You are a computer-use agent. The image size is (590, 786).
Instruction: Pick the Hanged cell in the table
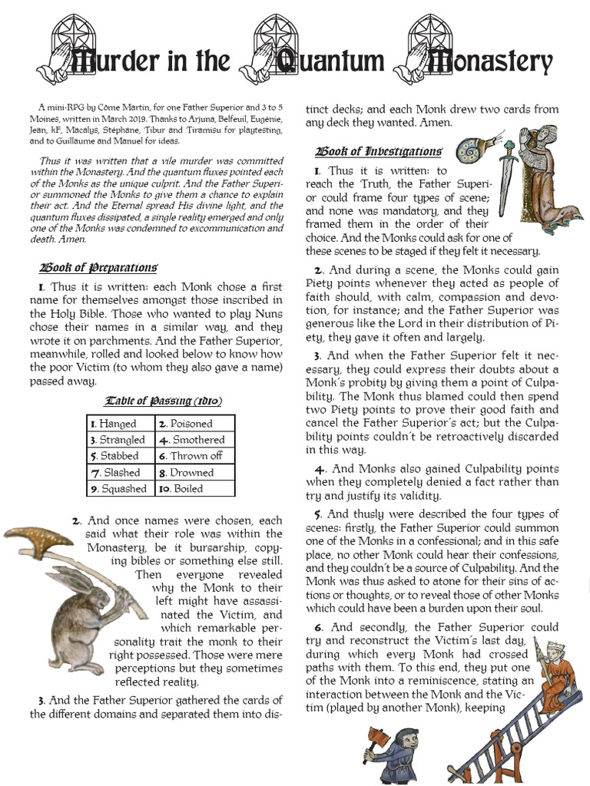pyautogui.click(x=118, y=424)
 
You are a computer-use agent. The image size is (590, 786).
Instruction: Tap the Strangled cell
pyautogui.click(x=120, y=440)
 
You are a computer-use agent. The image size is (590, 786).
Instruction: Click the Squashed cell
pyautogui.click(x=120, y=488)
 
